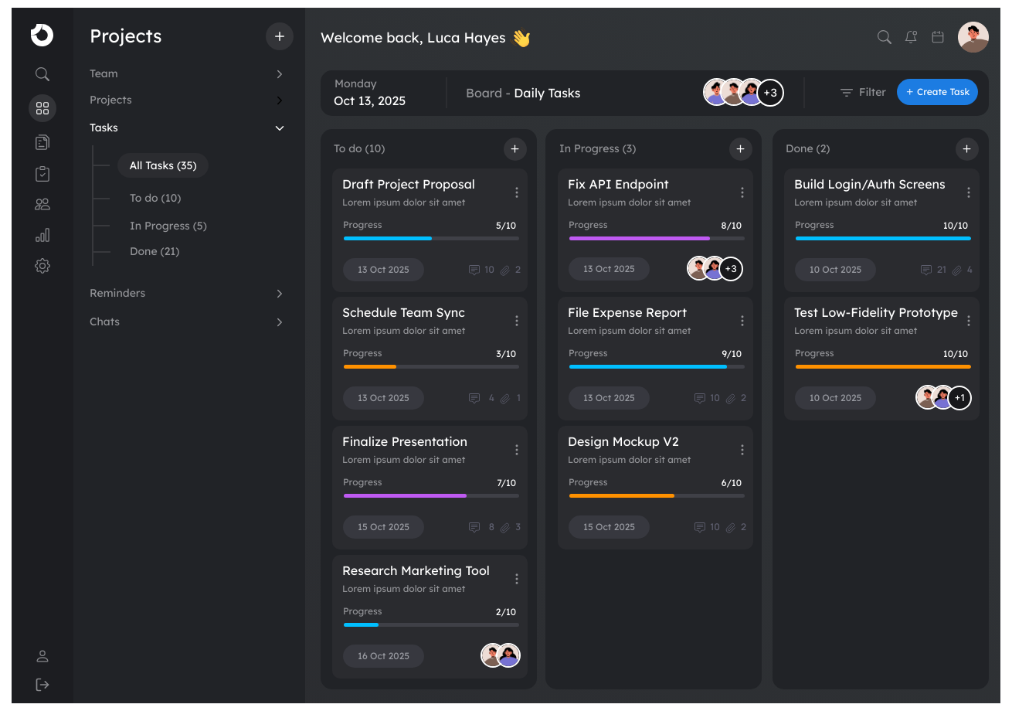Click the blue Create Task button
pos(937,92)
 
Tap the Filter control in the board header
pos(862,92)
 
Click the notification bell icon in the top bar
pos(911,37)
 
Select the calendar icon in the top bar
pos(938,37)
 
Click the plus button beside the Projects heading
pos(279,36)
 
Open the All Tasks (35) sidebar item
pos(163,165)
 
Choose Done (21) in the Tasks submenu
pos(155,251)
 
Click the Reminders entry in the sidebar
pos(117,293)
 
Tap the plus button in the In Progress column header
pos(740,148)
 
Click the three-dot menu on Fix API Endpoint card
pos(742,192)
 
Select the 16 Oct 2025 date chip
pos(383,656)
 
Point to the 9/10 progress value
pos(731,354)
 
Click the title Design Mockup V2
pos(623,441)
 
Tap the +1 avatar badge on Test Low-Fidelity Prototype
pos(959,398)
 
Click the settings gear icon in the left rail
pos(42,266)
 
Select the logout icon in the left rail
pos(42,685)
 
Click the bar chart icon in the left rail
pos(42,235)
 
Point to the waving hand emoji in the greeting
pos(521,38)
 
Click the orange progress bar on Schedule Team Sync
pos(369,366)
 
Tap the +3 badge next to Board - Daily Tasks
pos(770,93)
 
